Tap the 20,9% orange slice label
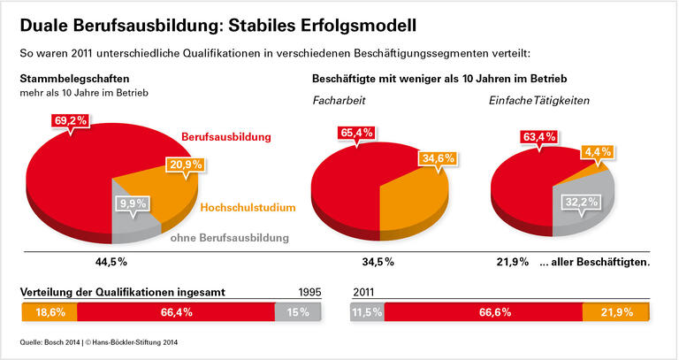pyautogui.click(x=186, y=165)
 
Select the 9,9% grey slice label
pyautogui.click(x=132, y=203)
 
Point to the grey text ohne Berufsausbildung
pyautogui.click(x=229, y=238)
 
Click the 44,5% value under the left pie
pyautogui.click(x=111, y=262)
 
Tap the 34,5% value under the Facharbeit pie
pyautogui.click(x=378, y=262)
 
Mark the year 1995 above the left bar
pyautogui.click(x=310, y=291)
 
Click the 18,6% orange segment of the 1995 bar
pyautogui.click(x=49, y=312)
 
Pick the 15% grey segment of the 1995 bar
pyautogui.click(x=298, y=312)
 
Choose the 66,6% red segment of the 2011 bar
pyautogui.click(x=483, y=312)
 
